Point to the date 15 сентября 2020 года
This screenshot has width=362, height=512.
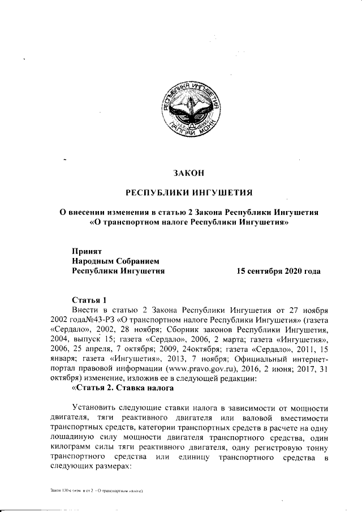(278, 271)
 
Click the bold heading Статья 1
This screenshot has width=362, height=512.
(89, 299)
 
